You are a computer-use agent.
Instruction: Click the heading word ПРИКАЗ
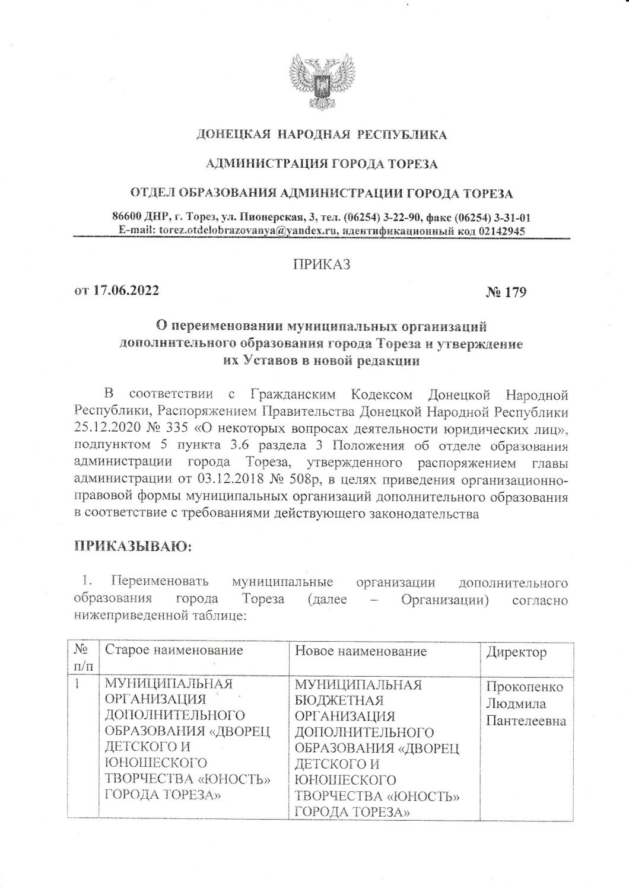point(322,265)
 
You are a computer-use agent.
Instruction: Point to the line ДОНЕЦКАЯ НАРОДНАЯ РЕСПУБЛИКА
point(322,135)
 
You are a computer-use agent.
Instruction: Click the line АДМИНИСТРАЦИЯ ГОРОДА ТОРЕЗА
point(322,164)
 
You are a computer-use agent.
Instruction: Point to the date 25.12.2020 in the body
point(104,428)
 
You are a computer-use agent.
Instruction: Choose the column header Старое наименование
point(174,651)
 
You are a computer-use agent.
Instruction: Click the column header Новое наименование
point(361,652)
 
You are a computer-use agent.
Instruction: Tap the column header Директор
point(516,653)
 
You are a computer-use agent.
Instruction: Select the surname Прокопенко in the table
point(525,687)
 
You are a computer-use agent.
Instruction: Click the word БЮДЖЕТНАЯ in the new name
point(339,700)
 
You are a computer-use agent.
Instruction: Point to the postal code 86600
point(129,217)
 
